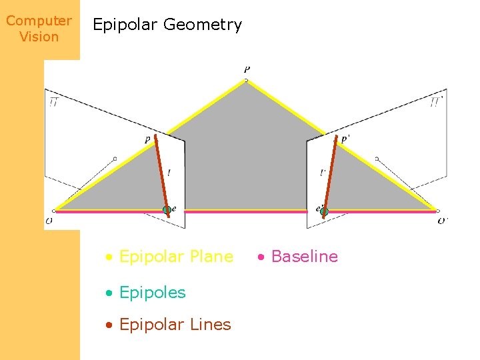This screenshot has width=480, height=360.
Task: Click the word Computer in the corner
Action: (39, 21)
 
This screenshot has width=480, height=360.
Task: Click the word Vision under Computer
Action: (39, 37)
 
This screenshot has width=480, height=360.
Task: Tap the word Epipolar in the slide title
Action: (125, 25)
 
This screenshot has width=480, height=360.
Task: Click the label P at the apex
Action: (247, 69)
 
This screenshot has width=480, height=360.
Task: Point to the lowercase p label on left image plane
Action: (147, 139)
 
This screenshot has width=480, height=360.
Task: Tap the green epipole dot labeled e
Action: (167, 210)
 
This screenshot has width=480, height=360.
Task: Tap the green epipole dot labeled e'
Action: (324, 211)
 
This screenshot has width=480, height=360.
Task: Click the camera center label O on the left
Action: (49, 220)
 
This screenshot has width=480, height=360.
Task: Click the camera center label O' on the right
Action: (443, 221)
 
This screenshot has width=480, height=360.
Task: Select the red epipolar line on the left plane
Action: (161, 173)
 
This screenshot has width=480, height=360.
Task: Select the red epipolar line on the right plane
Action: (329, 175)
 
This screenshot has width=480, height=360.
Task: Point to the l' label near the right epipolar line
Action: (323, 173)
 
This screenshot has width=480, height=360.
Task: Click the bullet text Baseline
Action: (305, 257)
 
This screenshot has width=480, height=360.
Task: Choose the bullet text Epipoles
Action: (152, 292)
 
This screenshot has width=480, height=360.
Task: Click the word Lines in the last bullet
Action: (211, 325)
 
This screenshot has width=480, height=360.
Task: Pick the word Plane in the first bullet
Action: (211, 257)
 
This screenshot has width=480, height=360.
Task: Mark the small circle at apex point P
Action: (246, 80)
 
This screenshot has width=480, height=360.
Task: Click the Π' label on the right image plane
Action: (436, 102)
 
